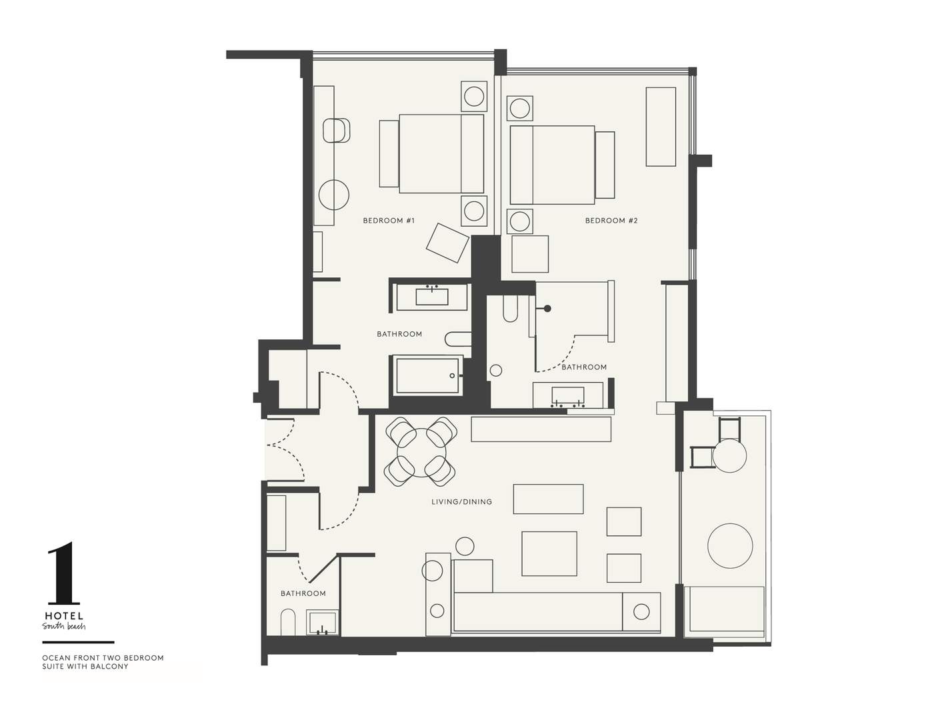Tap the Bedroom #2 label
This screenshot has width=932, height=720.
[611, 221]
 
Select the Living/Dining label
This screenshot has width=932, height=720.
[461, 502]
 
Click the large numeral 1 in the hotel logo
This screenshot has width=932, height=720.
[64, 573]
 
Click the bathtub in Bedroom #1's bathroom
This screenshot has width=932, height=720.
[427, 375]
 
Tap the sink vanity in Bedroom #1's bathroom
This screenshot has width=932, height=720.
[431, 296]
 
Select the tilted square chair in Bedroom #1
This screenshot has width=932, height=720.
[447, 243]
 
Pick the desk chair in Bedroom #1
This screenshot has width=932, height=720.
[337, 131]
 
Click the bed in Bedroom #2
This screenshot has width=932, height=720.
[552, 165]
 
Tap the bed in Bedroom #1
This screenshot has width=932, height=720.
[441, 154]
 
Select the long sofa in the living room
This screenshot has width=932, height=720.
[537, 612]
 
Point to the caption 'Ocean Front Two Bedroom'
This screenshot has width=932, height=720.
[103, 658]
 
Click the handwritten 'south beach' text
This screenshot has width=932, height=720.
[64, 627]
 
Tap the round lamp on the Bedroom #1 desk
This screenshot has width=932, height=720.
[333, 195]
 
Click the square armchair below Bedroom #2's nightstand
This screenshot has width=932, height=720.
[530, 254]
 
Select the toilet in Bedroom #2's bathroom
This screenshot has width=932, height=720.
[510, 308]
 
